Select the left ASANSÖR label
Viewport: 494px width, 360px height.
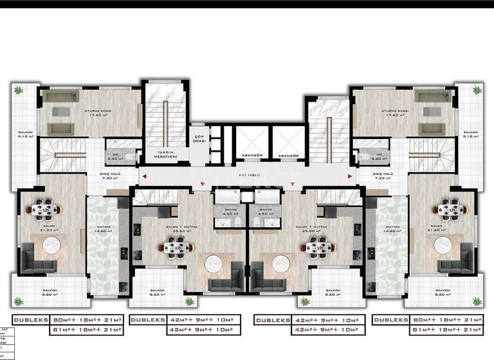[251, 156]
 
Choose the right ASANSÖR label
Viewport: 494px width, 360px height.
[289, 156]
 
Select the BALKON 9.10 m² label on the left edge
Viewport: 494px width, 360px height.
[24, 134]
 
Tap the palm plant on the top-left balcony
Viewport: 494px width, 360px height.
[19, 89]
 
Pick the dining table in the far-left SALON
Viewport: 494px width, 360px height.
[46, 208]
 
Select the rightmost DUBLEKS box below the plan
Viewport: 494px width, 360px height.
[391, 319]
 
